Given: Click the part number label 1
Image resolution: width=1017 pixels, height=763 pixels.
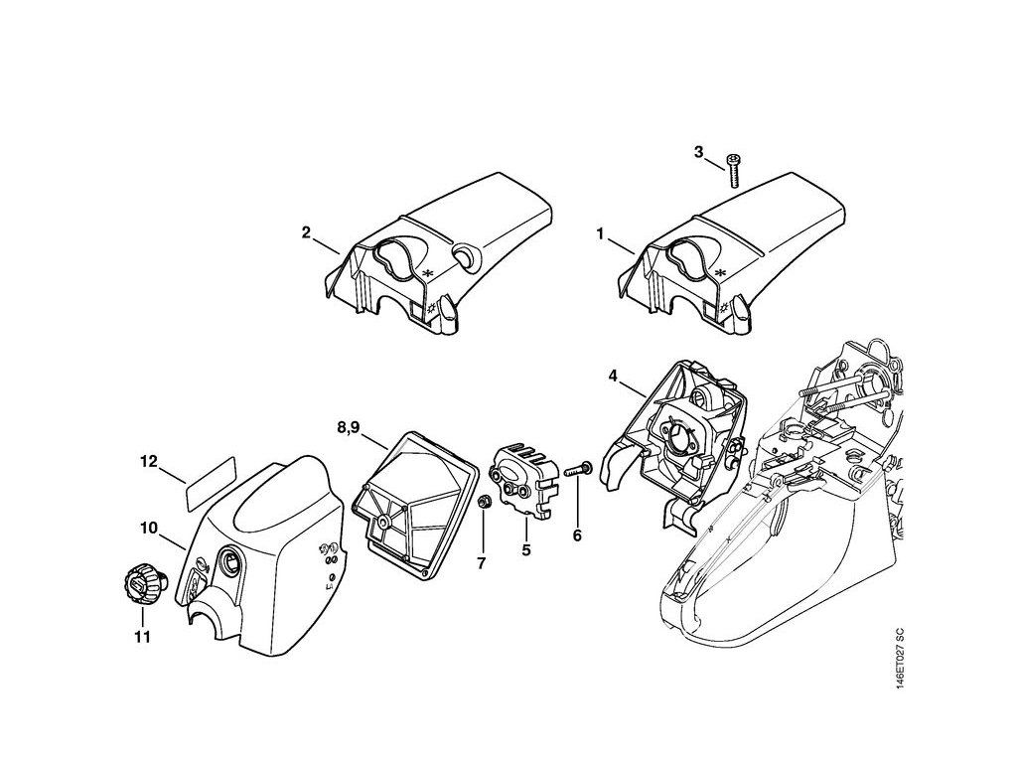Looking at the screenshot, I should tap(600, 234).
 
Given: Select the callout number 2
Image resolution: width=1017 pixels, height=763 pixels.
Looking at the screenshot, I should tap(306, 234).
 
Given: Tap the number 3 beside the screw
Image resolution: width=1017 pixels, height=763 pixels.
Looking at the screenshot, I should tap(698, 152).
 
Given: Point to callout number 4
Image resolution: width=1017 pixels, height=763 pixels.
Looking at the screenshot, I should tap(613, 376).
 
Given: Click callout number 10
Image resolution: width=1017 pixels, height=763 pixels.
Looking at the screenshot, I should tap(149, 529).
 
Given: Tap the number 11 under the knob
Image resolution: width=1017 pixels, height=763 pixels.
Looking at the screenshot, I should tap(142, 636).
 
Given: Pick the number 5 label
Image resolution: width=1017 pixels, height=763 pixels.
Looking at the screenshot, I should tap(525, 548).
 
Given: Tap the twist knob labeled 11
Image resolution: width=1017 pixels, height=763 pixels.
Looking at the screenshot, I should tap(139, 581).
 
